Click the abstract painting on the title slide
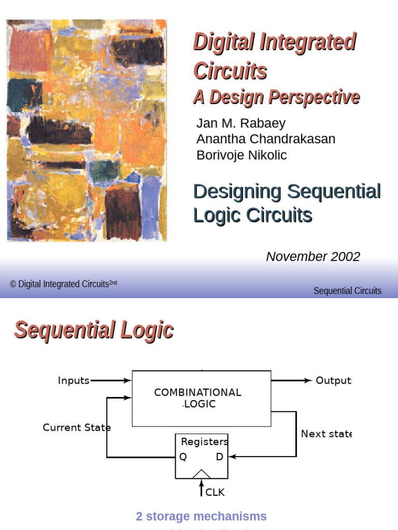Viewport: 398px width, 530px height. pos(87,130)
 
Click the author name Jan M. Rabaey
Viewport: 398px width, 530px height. pos(241,123)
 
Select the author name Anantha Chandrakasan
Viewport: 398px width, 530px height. pos(266,139)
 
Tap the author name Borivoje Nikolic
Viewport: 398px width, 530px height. pos(241,155)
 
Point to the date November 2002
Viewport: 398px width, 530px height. pos(313,256)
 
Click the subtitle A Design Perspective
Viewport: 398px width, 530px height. pos(276,97)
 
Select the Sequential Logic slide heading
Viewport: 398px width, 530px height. pos(94,330)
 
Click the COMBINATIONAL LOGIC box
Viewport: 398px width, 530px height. pos(201,398)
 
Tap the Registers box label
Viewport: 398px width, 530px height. pos(204,441)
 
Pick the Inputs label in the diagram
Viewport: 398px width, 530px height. pos(74,380)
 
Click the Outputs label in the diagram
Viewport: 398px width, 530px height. pos(334,380)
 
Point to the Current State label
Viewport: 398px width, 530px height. pos(77,428)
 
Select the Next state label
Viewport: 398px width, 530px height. pos(326,434)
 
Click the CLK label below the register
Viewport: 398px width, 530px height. pos(215,492)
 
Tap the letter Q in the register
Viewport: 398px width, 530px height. pos(183,457)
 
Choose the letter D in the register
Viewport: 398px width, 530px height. pos(220,457)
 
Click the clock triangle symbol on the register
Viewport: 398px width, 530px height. pos(202,474)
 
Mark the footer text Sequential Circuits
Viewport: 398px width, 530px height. pos(347,290)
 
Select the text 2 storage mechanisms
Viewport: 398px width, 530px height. pos(201,516)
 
